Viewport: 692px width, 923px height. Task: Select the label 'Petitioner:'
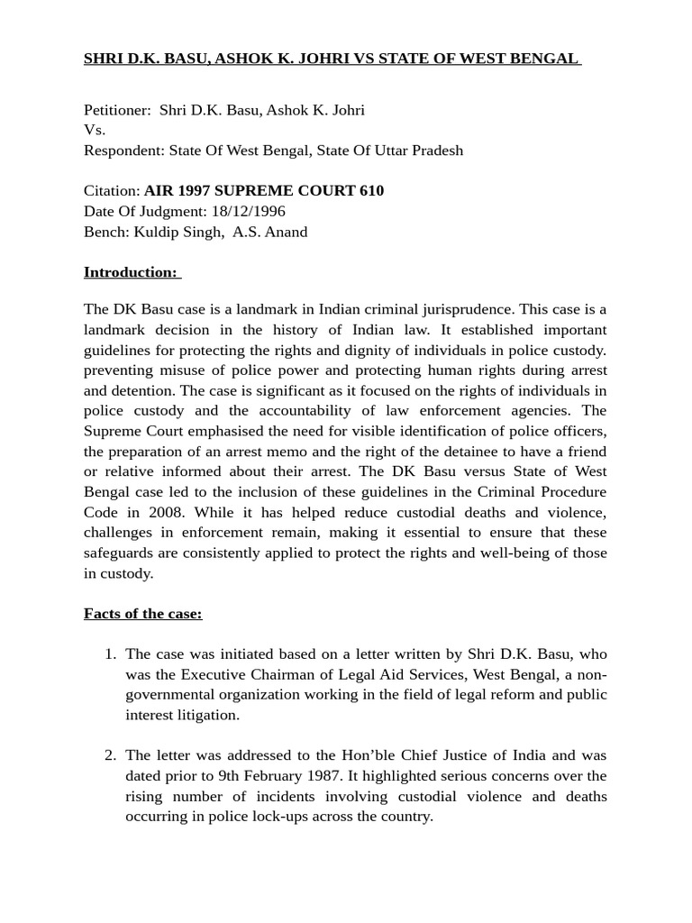(x=117, y=110)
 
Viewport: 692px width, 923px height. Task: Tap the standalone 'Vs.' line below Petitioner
(x=95, y=130)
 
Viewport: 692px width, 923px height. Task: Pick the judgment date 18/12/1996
(x=248, y=211)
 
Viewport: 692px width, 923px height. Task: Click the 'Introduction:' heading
(x=131, y=272)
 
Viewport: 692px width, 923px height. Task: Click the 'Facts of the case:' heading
(x=142, y=614)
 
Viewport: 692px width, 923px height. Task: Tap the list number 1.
(x=111, y=653)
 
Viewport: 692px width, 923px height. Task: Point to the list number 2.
(x=111, y=755)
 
